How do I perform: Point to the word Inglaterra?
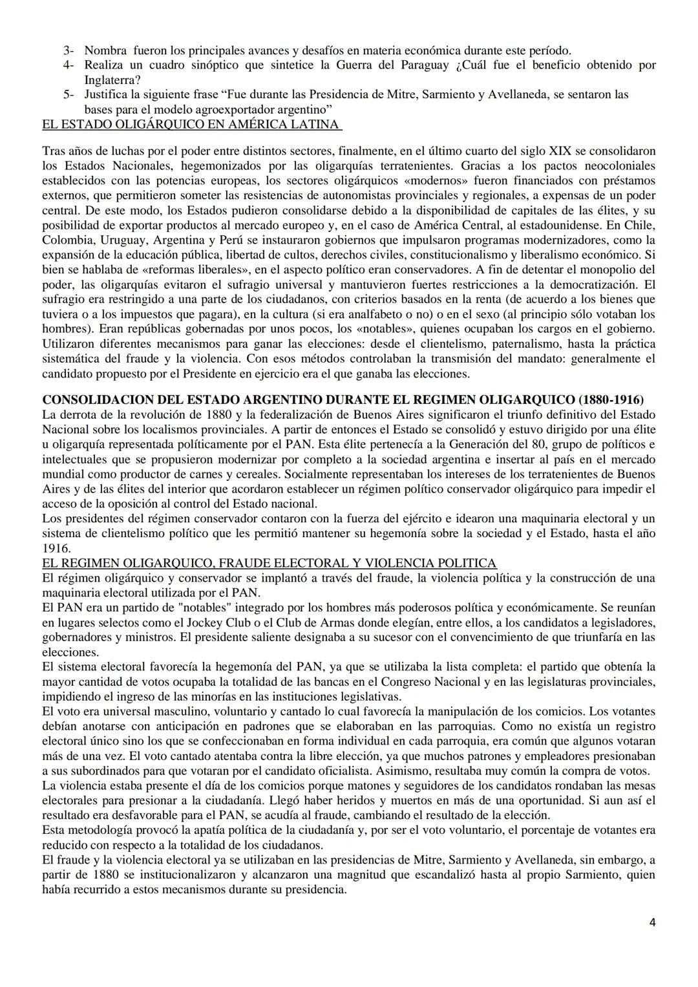point(109,80)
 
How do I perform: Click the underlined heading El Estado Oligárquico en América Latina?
point(191,123)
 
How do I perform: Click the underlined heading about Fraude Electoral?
point(269,562)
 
